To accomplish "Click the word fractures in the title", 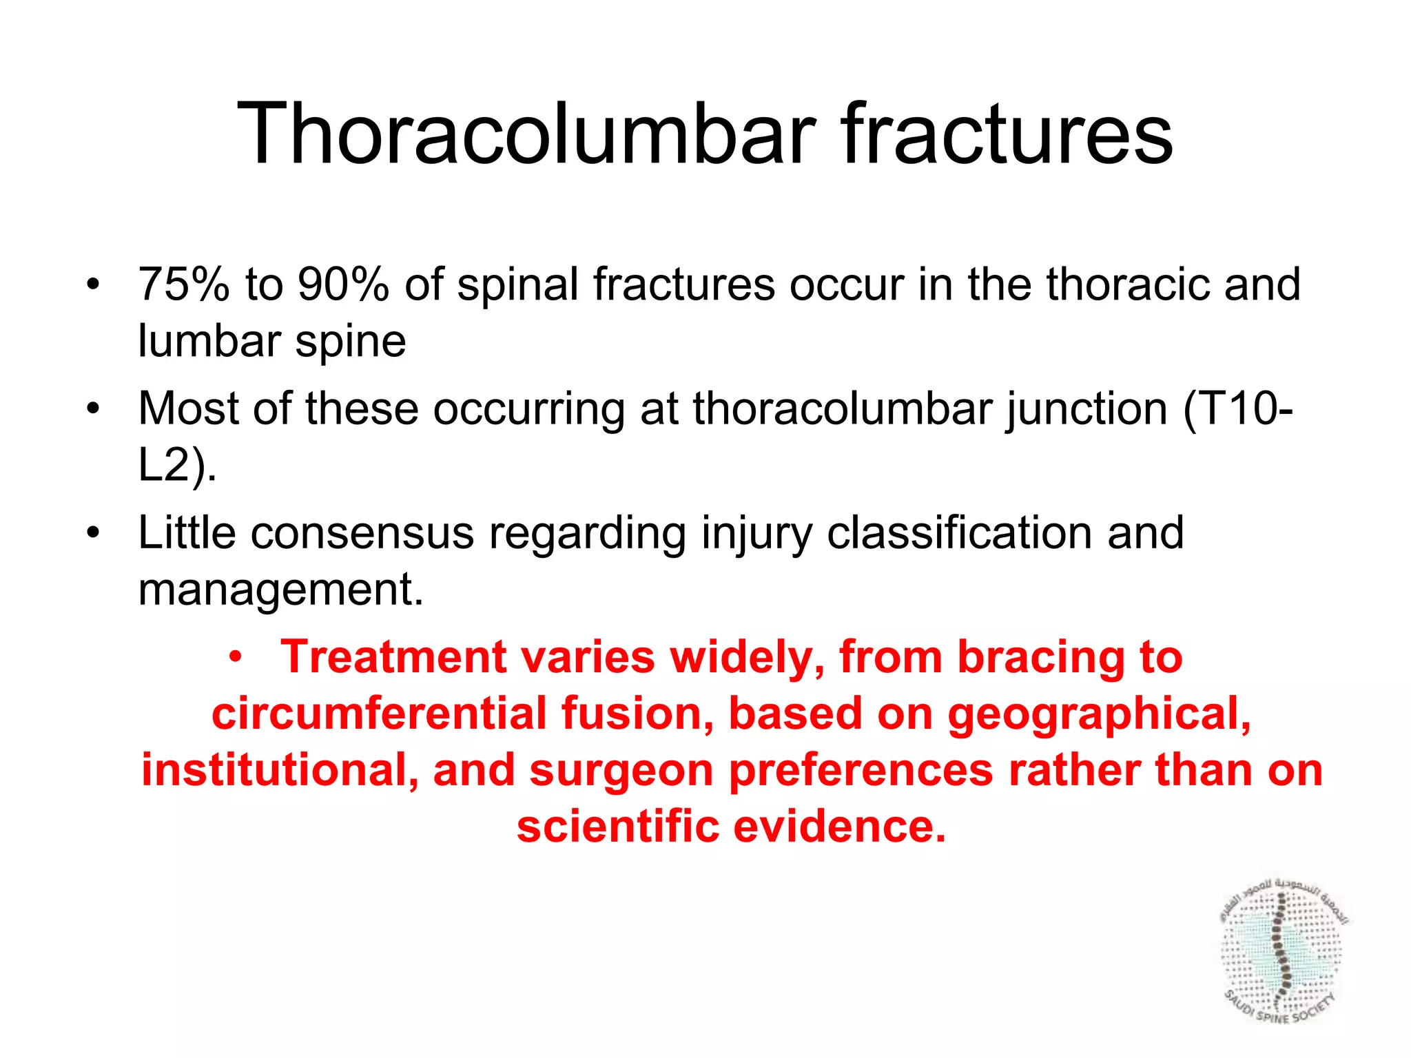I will pyautogui.click(x=1006, y=134).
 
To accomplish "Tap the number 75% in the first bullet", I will pyautogui.click(x=183, y=284).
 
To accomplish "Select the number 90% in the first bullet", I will pyautogui.click(x=343, y=284).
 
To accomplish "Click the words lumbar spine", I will pyautogui.click(x=271, y=342).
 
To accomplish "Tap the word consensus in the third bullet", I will pyautogui.click(x=362, y=533).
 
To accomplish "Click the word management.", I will pyautogui.click(x=280, y=590).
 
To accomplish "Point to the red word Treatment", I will pyautogui.click(x=393, y=657).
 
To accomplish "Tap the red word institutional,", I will pyautogui.click(x=280, y=770).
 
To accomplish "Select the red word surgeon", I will pyautogui.click(x=621, y=770).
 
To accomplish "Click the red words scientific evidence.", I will pyautogui.click(x=731, y=827).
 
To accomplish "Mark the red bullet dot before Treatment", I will pyautogui.click(x=236, y=656).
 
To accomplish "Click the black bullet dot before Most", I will pyautogui.click(x=93, y=408).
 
